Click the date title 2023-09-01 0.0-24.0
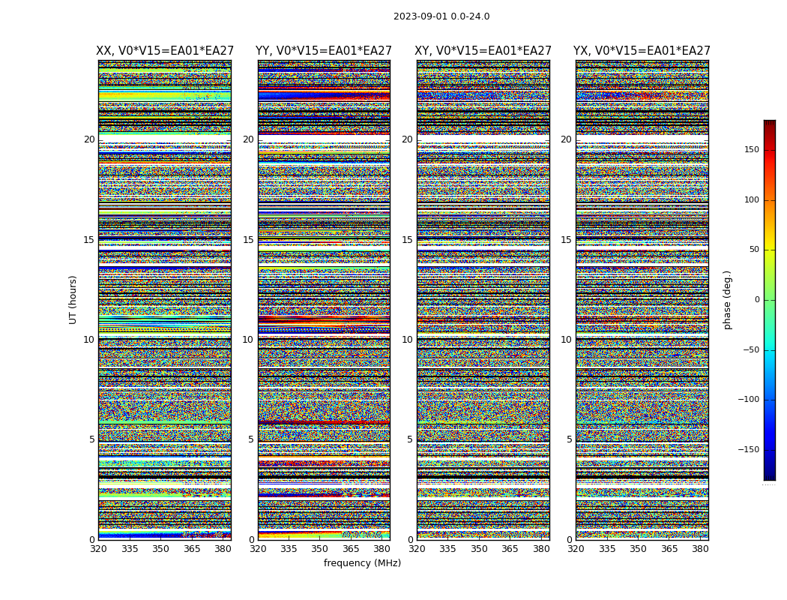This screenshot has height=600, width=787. point(441,16)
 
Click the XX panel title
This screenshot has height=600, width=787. point(165,51)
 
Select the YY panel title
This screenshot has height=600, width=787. point(324,51)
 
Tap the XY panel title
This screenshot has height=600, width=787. point(483,51)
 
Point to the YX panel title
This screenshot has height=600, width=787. point(642,51)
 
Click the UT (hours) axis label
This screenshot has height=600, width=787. point(73,299)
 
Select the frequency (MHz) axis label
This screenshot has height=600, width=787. point(362,563)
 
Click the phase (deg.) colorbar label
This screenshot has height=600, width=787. point(727,299)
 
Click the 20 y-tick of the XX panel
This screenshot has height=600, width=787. point(89,139)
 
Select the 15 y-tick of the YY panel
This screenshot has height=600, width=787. point(248,240)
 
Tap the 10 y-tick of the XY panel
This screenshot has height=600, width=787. point(407,340)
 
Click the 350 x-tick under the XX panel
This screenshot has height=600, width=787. point(161,549)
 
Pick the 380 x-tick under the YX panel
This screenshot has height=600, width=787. point(700,549)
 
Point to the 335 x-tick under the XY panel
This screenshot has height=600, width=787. point(448,549)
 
